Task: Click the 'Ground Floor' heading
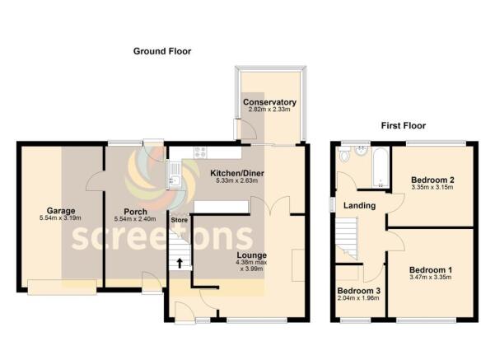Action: click(162, 51)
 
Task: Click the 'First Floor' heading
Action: click(403, 126)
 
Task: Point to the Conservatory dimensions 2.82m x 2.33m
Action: click(269, 110)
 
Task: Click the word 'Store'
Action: click(179, 220)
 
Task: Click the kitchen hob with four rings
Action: click(200, 152)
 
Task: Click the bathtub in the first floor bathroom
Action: click(380, 165)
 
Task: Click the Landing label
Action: click(360, 205)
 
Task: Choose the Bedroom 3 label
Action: click(359, 291)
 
